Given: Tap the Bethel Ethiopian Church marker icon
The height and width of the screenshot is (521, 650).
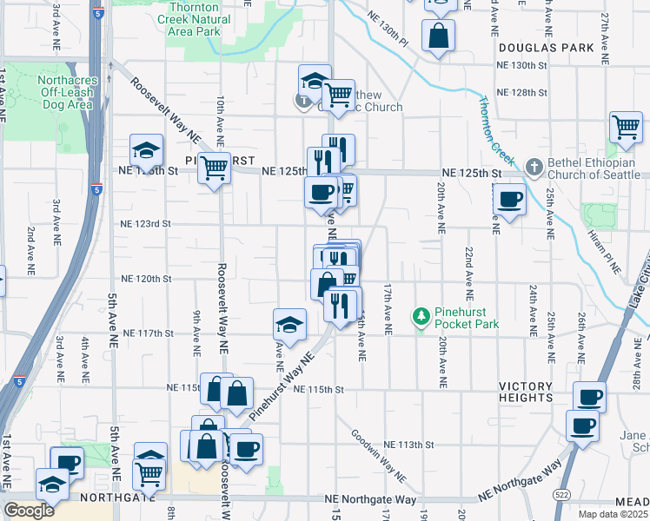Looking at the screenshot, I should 534,165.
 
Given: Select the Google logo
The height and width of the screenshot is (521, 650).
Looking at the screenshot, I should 29,511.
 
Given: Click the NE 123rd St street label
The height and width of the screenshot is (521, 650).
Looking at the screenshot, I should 146,224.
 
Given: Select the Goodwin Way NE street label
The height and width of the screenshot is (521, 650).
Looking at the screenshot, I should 379,458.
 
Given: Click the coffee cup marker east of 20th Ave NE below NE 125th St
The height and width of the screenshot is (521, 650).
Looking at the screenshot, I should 509,200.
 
